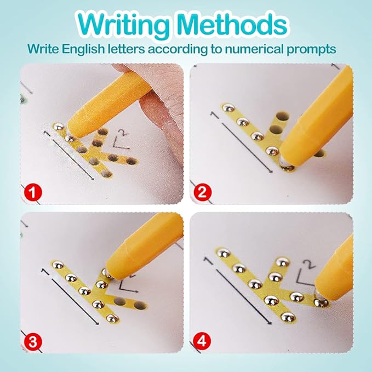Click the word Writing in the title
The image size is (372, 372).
click(122, 24)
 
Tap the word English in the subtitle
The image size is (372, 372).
click(83, 49)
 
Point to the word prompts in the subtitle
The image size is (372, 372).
click(311, 50)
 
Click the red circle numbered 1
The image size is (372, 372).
click(33, 192)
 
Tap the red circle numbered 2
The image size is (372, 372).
click(202, 192)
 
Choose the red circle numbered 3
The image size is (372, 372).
click(33, 342)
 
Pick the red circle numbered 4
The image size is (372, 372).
click(202, 342)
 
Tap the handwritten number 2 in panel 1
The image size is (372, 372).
click(122, 133)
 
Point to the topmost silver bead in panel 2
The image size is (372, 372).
click(228, 108)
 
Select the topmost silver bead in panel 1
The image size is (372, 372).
click(58, 127)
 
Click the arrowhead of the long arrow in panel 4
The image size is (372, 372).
click(269, 322)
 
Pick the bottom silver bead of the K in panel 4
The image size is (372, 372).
click(288, 317)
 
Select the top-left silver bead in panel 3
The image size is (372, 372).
click(58, 265)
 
